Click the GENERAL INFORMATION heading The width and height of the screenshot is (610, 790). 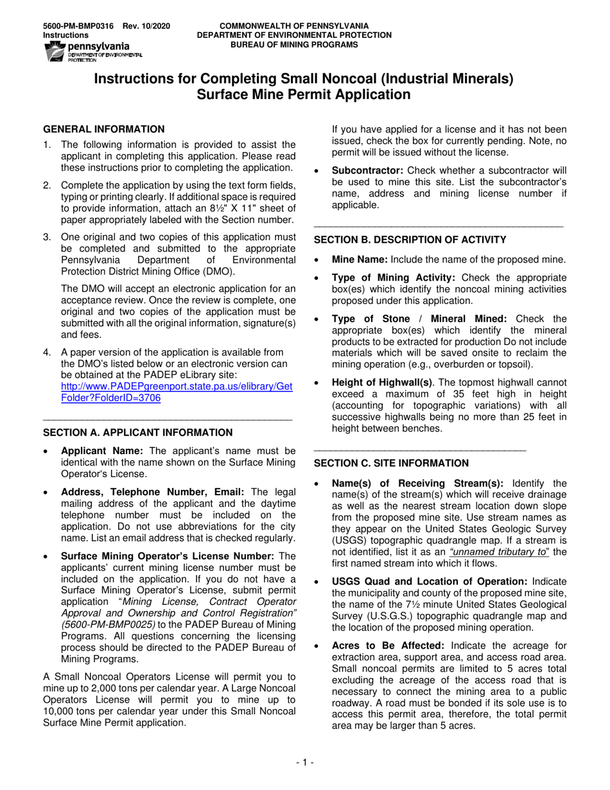103,129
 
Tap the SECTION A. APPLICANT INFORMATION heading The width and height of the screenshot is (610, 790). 137,433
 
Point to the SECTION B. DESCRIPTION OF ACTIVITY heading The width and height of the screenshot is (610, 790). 410,240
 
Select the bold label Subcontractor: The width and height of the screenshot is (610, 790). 367,170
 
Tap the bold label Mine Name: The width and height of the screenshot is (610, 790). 360,259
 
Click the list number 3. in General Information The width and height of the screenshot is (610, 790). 47,237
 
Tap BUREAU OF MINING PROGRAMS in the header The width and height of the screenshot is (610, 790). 294,45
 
